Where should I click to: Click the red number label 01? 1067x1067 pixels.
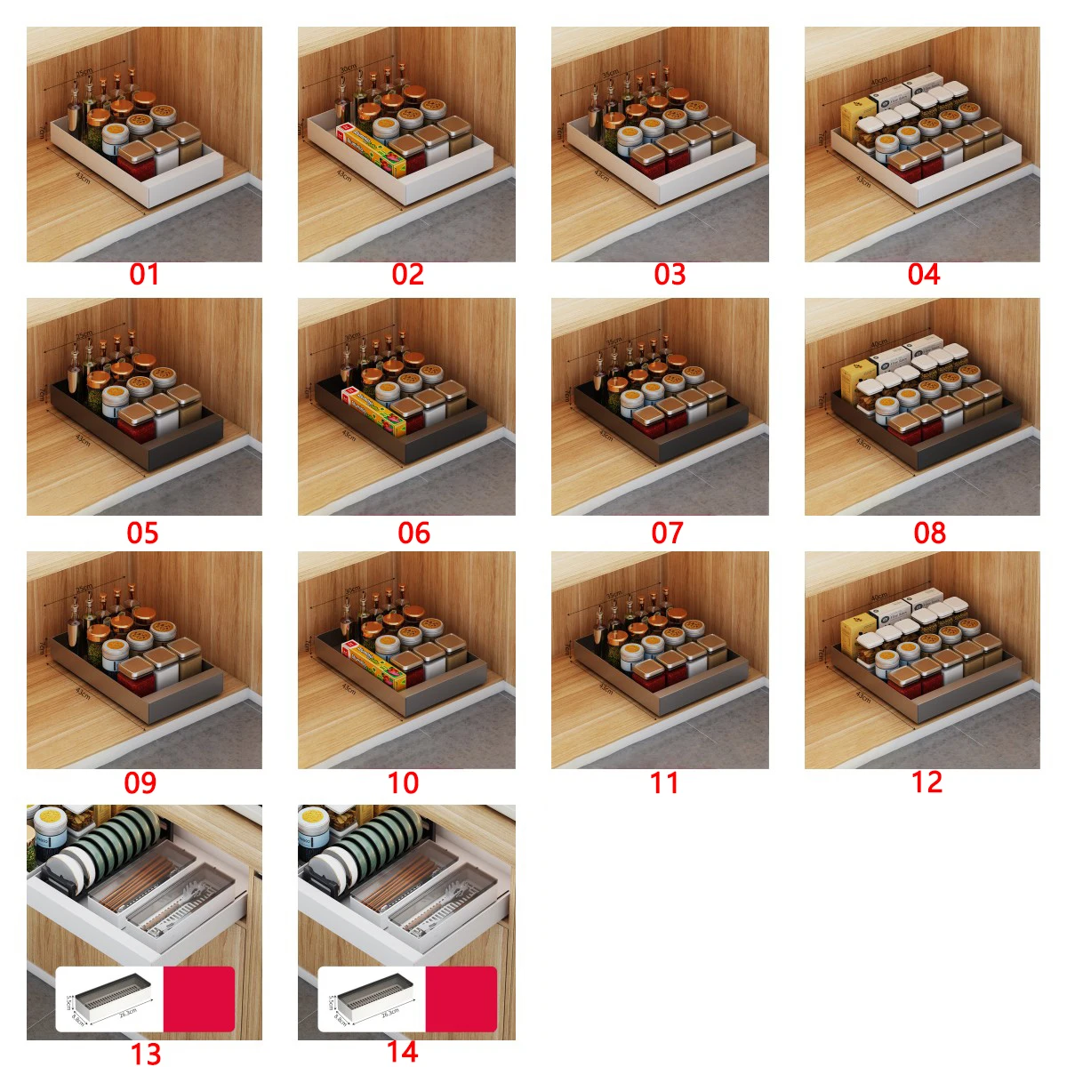[144, 274]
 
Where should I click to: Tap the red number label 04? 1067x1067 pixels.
[923, 274]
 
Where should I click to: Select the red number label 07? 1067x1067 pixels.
[667, 533]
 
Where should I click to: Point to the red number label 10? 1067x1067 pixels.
[403, 782]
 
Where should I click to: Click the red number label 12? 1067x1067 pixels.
[927, 782]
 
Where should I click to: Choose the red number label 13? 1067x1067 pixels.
[146, 1054]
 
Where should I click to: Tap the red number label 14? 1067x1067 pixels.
[402, 1052]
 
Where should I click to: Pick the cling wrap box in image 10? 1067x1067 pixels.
[373, 662]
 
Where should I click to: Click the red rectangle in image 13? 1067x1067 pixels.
[199, 999]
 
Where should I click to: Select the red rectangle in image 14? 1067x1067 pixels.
[461, 999]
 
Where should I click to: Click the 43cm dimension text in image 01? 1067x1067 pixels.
[83, 181]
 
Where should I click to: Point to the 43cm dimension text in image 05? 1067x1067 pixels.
[83, 440]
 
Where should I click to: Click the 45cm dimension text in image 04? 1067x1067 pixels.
[878, 82]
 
